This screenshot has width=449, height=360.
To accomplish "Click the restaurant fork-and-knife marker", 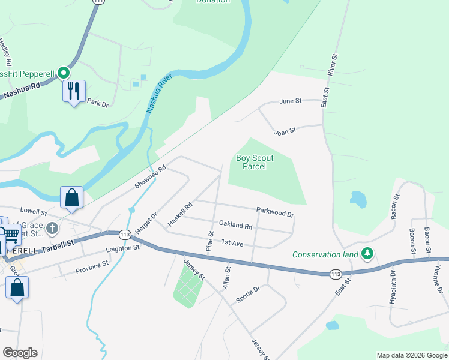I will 74,91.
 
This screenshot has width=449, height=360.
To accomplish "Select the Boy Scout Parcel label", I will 255,162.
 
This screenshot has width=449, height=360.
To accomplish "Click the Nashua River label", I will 159,94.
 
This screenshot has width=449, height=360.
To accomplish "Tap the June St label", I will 290,101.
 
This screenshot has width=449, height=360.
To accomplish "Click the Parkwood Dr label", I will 275,212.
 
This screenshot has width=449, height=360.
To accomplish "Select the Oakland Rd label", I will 236,225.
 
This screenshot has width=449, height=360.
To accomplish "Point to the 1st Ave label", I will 232,242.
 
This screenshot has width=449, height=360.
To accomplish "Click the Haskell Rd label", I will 180,214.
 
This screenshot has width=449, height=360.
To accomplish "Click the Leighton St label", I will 122,247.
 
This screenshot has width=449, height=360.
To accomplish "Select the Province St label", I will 92,267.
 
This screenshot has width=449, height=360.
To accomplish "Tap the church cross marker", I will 52,228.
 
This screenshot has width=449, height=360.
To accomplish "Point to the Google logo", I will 20,353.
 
